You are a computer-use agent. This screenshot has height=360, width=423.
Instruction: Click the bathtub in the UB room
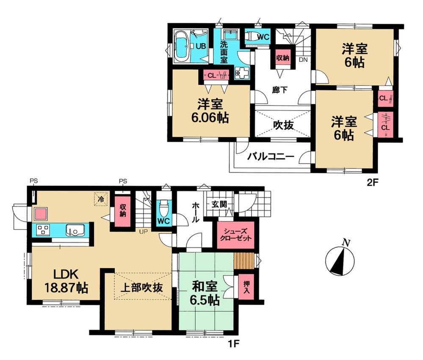click(182, 46)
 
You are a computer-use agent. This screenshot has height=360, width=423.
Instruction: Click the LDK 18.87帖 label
click(66, 280)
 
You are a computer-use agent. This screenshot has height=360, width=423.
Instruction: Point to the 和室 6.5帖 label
click(204, 293)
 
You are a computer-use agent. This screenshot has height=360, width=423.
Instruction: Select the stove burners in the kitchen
click(43, 230)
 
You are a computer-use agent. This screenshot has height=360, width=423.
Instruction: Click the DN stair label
click(303, 60)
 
